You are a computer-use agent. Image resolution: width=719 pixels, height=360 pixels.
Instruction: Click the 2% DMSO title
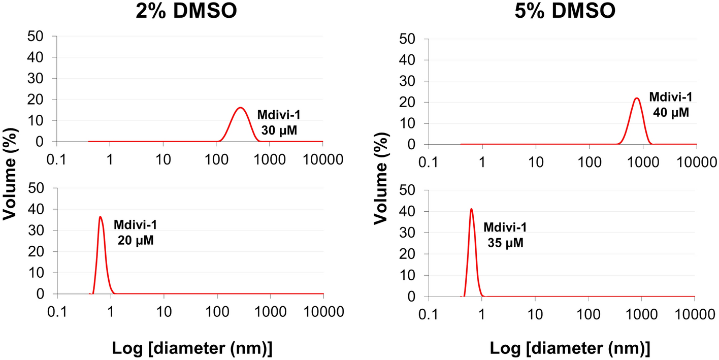(x=186, y=11)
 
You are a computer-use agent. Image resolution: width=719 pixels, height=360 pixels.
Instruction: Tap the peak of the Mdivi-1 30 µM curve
(x=241, y=108)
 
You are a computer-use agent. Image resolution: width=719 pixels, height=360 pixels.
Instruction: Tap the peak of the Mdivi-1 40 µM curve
(x=637, y=98)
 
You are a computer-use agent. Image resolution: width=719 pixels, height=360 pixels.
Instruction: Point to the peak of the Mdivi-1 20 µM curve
(x=101, y=217)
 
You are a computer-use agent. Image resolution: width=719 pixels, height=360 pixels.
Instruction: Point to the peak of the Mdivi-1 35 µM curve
(x=472, y=209)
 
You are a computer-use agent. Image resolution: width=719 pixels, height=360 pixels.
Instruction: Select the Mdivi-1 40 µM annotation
(x=671, y=105)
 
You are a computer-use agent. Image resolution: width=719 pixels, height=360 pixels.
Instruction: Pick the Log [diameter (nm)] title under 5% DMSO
(x=562, y=348)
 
